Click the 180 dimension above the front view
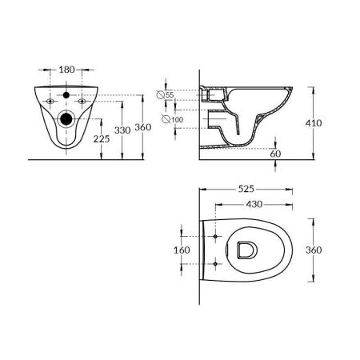tap(66, 70)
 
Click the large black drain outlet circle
tap(66, 120)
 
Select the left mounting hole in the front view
tap(50, 102)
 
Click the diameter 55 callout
tap(169, 95)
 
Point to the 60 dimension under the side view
tap(275, 153)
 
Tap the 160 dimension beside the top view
tap(182, 250)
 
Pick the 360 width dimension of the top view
tap(314, 250)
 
